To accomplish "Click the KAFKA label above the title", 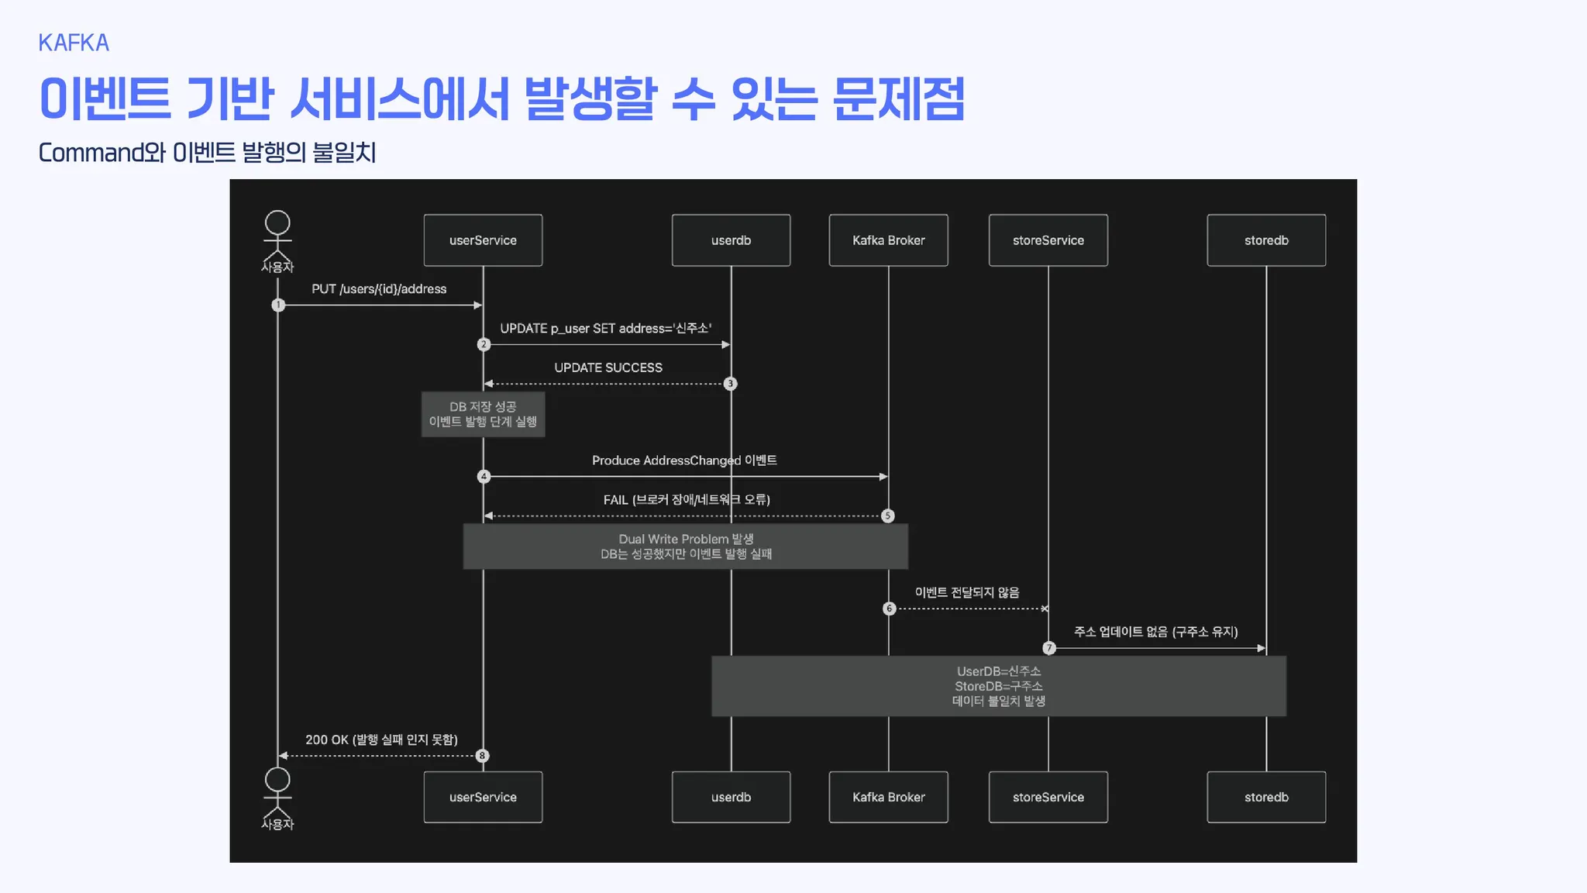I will pyautogui.click(x=74, y=43).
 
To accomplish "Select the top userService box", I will pyautogui.click(x=483, y=240).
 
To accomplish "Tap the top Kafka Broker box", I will pyautogui.click(x=888, y=240).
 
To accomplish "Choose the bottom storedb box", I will pyautogui.click(x=1266, y=797).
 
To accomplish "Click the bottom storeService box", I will pyautogui.click(x=1048, y=797).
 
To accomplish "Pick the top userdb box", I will pyautogui.click(x=731, y=240).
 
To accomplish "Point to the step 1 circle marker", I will pyautogui.click(x=278, y=305).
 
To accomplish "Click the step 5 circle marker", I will pyautogui.click(x=888, y=516).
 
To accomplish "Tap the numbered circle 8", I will pyautogui.click(x=482, y=756).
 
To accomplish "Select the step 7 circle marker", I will pyautogui.click(x=1049, y=648).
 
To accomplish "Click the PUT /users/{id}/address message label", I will pyautogui.click(x=379, y=289).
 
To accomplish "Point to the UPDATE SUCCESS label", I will pyautogui.click(x=608, y=367).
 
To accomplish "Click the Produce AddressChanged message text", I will pyautogui.click(x=684, y=460).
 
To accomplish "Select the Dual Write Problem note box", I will pyautogui.click(x=686, y=546).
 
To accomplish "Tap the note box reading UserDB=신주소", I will pyautogui.click(x=999, y=686).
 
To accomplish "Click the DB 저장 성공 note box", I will pyautogui.click(x=483, y=414).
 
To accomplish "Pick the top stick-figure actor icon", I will pyautogui.click(x=277, y=236).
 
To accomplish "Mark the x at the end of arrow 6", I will pyautogui.click(x=1045, y=609).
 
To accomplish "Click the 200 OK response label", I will pyautogui.click(x=381, y=740).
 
